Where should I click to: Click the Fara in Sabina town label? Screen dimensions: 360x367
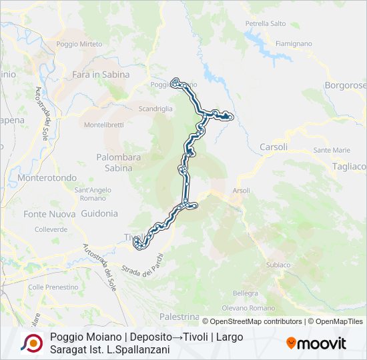[x=101, y=75]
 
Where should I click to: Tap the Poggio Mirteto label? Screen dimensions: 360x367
[x=79, y=44]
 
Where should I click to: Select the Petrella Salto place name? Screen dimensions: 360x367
[x=265, y=23]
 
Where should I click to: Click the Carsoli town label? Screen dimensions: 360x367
[x=274, y=147]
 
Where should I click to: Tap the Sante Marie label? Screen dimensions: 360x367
[x=332, y=150]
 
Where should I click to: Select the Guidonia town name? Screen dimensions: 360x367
[x=99, y=213]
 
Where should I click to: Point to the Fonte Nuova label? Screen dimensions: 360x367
[x=49, y=214]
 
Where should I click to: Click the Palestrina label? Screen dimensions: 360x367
[x=179, y=316]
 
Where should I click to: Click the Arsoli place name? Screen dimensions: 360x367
[x=241, y=191]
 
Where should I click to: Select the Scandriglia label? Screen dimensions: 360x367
[x=155, y=108]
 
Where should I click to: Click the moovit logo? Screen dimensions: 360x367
[x=316, y=343]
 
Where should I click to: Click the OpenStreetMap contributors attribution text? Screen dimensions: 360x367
[x=255, y=321]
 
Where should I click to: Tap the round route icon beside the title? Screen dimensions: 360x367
[x=31, y=343]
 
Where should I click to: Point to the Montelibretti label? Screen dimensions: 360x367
[x=104, y=125]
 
